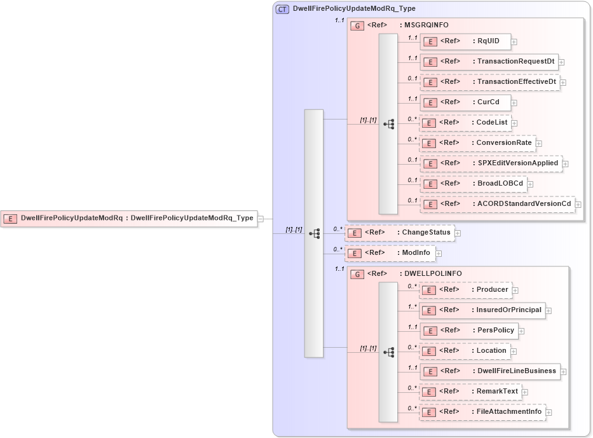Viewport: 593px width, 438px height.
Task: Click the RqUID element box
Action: pyautogui.click(x=465, y=41)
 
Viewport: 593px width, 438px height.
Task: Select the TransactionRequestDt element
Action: pyautogui.click(x=489, y=62)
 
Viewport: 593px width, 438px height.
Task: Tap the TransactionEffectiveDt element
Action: pyautogui.click(x=489, y=82)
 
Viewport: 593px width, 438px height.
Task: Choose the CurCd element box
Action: pyautogui.click(x=465, y=102)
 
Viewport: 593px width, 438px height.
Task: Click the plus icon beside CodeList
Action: pyautogui.click(x=515, y=123)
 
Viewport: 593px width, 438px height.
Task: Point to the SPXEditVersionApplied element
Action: pyautogui.click(x=491, y=163)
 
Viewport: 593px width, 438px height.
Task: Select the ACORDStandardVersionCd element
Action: pyautogui.click(x=497, y=204)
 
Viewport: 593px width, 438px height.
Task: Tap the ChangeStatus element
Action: pyautogui.click(x=399, y=233)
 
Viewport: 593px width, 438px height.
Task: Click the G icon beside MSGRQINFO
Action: pyautogui.click(x=358, y=25)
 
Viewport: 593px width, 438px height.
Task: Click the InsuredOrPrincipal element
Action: pyautogui.click(x=482, y=310)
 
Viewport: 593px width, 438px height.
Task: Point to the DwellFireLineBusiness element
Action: pyautogui.click(x=489, y=371)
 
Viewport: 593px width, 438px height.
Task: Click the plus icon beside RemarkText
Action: pyautogui.click(x=525, y=392)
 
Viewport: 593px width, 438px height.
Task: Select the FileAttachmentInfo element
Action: pyautogui.click(x=482, y=412)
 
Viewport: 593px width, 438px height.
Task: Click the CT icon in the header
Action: pyautogui.click(x=282, y=9)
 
